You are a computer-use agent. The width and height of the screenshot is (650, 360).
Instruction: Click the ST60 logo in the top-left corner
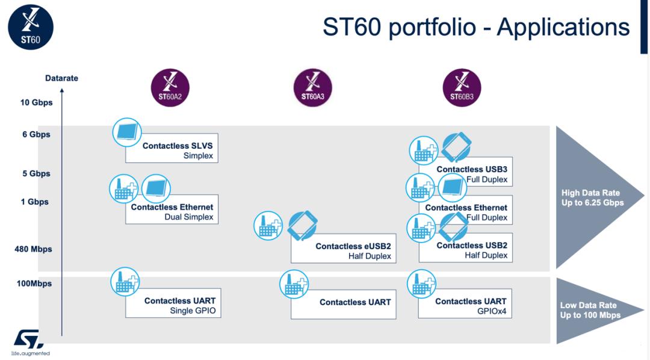(x=30, y=27)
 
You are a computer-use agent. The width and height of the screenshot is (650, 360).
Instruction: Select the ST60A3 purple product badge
(x=312, y=88)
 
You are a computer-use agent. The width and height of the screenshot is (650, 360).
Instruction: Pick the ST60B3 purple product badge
(x=462, y=88)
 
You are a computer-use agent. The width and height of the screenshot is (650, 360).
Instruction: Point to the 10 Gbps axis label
(x=36, y=102)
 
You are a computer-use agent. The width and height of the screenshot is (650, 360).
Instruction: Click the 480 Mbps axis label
(x=33, y=249)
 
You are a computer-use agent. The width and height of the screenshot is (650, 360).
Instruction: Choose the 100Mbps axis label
(x=34, y=284)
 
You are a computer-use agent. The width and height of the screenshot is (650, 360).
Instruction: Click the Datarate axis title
(x=61, y=78)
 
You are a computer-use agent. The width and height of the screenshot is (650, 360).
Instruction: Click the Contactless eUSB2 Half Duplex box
(x=344, y=249)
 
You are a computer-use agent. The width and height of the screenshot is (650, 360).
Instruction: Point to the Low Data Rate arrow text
(x=590, y=310)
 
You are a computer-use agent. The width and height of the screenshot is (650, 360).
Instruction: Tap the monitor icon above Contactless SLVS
(x=127, y=132)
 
